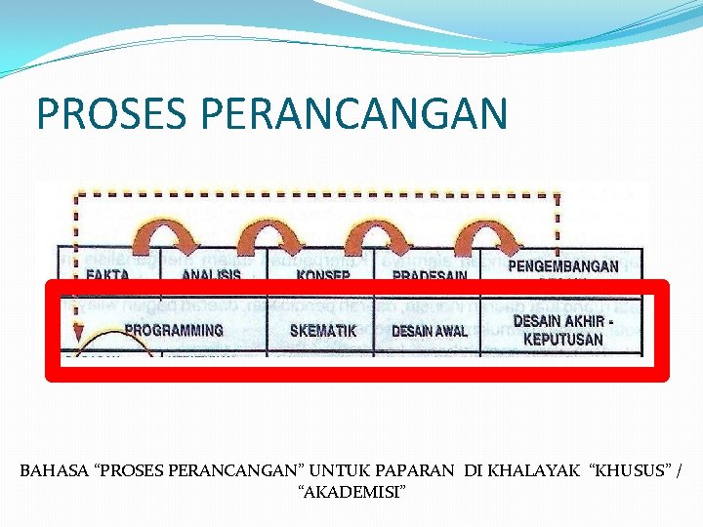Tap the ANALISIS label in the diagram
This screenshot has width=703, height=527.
tap(211, 273)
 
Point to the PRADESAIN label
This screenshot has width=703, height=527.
tap(429, 274)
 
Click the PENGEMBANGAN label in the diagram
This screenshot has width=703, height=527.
tap(562, 265)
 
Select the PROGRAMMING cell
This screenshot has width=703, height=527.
tap(174, 331)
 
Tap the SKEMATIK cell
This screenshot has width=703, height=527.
tap(323, 331)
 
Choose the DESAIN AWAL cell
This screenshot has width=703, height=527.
tap(429, 331)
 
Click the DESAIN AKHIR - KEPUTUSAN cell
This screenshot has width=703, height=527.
tap(562, 330)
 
